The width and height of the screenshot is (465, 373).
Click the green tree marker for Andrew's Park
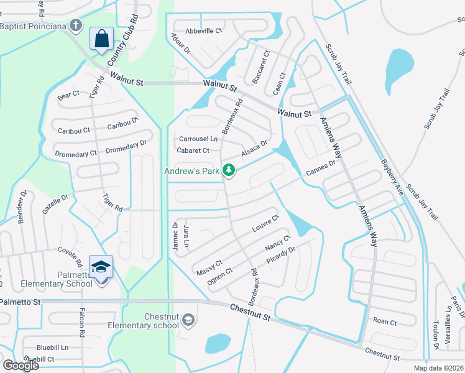click(229, 170)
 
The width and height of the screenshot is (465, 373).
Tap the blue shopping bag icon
click(101, 39)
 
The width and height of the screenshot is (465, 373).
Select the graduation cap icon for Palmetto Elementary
click(101, 267)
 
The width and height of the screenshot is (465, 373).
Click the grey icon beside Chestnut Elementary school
click(189, 320)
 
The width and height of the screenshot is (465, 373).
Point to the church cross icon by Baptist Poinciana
click(76, 26)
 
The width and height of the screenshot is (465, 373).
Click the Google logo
click(21, 365)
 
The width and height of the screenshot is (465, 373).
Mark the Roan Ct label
click(385, 321)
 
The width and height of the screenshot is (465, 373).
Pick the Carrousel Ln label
click(198, 139)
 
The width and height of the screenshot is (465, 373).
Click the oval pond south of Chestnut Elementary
click(218, 343)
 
